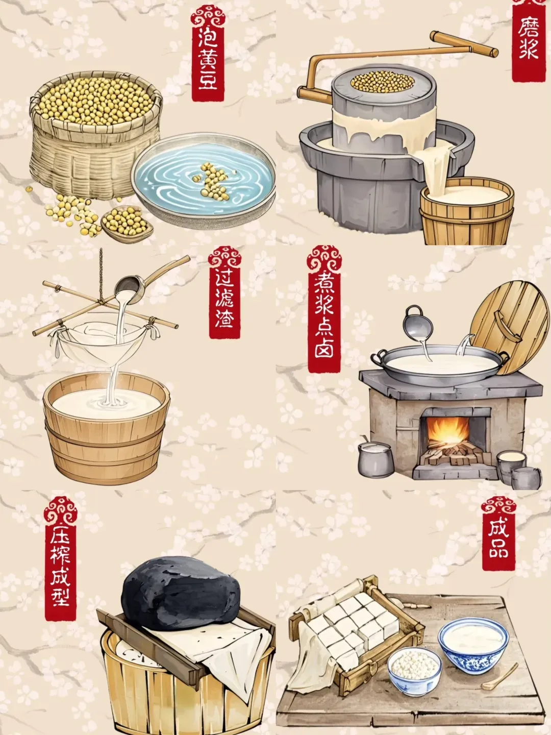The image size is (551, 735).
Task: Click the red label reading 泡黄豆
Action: [x=208, y=53]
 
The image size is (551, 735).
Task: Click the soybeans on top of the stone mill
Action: [x=383, y=81]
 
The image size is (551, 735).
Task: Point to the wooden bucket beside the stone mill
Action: [x=467, y=211]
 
